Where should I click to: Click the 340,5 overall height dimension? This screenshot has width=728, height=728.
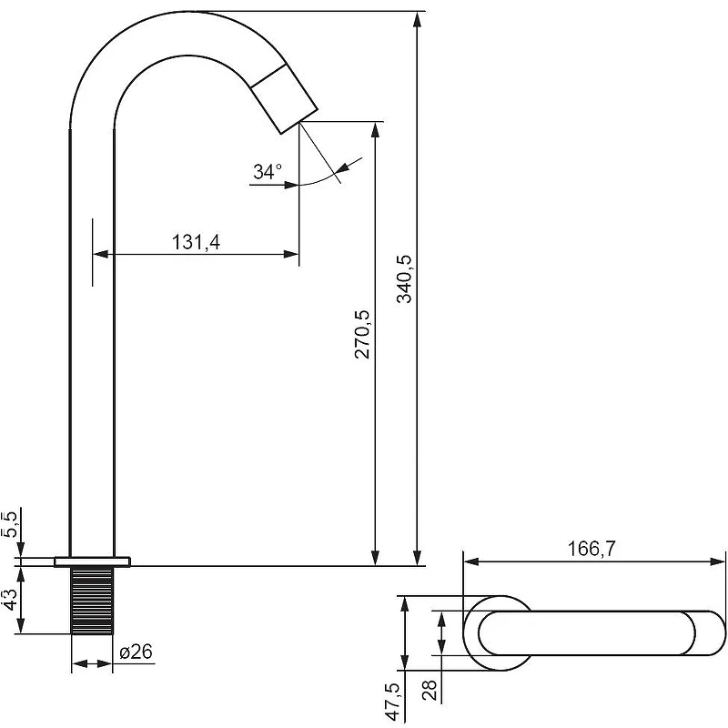(404, 278)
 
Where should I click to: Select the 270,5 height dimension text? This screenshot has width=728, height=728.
(362, 334)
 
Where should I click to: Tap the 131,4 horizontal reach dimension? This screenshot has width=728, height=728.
(196, 242)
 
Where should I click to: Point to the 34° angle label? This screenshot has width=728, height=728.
(268, 172)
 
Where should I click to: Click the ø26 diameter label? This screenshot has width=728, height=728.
(136, 652)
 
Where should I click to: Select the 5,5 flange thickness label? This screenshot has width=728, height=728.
(10, 524)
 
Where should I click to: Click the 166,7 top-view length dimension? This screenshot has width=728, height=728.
(591, 549)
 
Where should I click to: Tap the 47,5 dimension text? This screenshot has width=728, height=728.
(395, 701)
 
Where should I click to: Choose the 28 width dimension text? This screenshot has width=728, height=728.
(430, 690)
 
